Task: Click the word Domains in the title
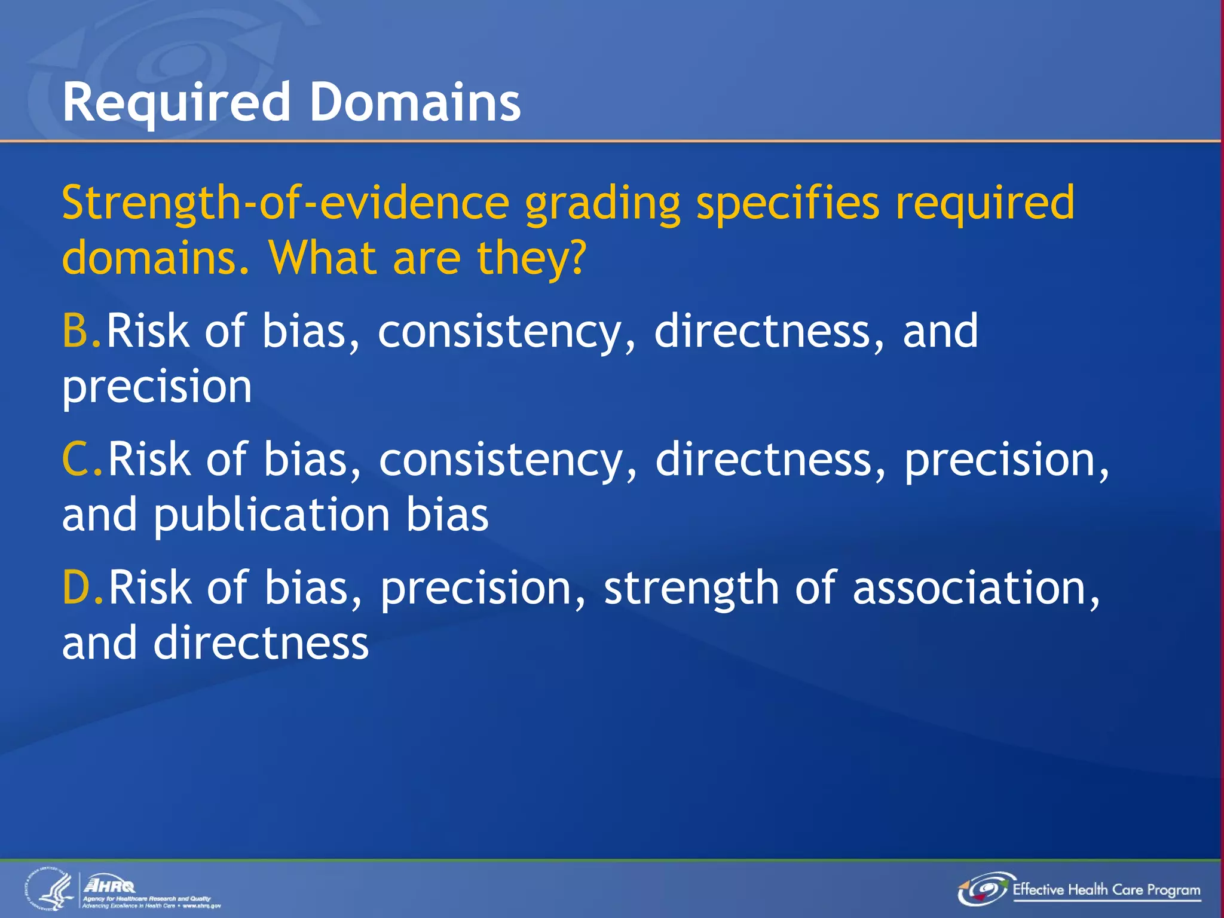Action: pos(415,103)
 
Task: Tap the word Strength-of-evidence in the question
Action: pos(285,203)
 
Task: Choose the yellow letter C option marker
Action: pos(78,459)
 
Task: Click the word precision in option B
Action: pos(157,387)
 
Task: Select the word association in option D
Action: pos(974,587)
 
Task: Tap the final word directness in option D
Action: pos(261,643)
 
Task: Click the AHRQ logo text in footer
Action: pos(109,885)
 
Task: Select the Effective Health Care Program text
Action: pos(1106,890)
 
